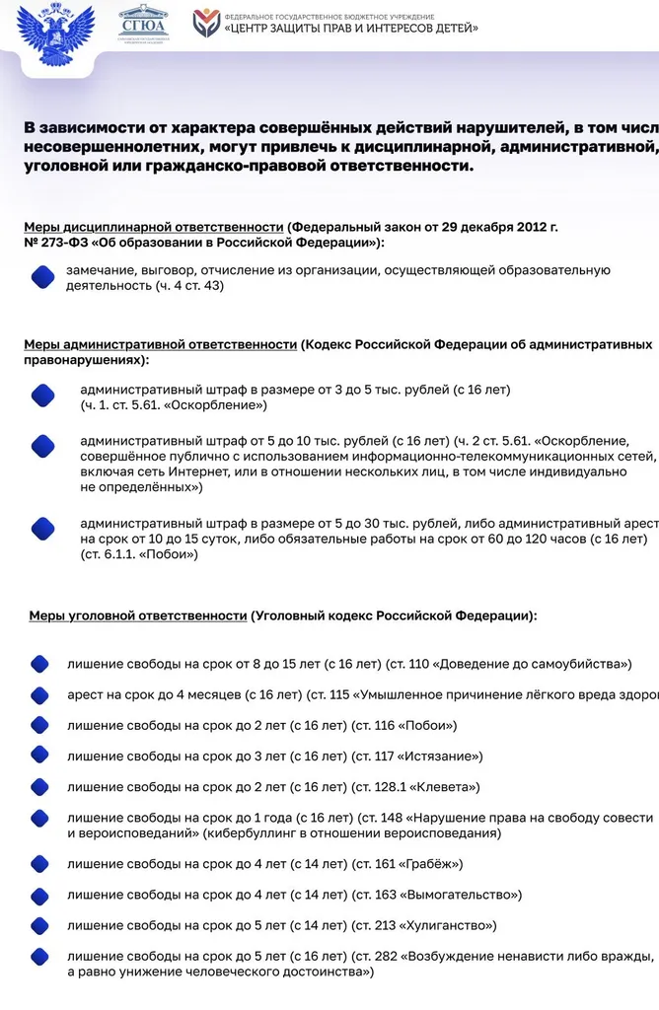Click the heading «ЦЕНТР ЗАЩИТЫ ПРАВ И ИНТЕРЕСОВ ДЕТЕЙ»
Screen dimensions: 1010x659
tap(351, 29)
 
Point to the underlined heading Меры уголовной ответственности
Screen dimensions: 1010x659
tap(137, 614)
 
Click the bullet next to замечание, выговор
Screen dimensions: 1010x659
tap(42, 278)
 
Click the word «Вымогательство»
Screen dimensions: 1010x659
tap(460, 895)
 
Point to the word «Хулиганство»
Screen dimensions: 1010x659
tap(447, 925)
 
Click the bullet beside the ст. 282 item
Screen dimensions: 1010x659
tap(40, 963)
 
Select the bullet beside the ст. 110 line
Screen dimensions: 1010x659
tap(40, 664)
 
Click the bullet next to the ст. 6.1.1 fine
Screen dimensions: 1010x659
tap(42, 529)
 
